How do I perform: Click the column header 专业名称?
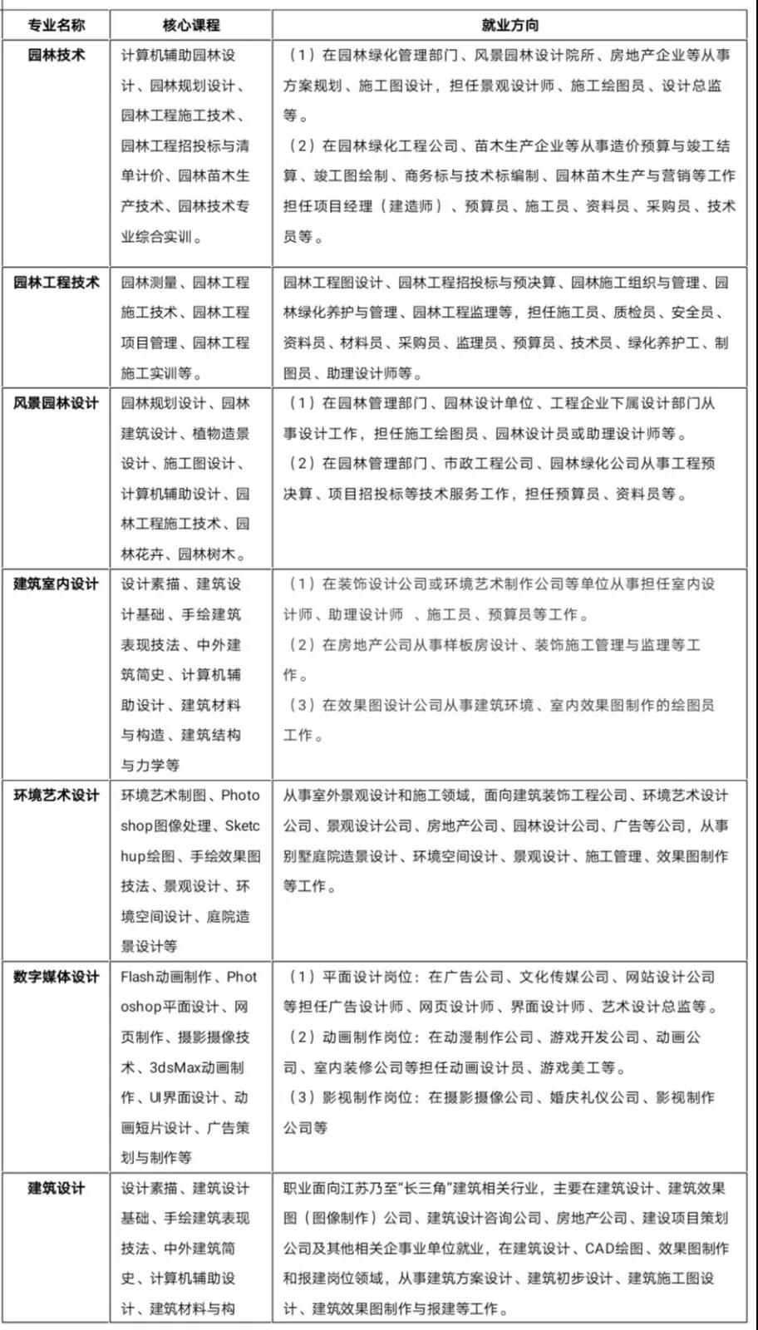pyautogui.click(x=56, y=25)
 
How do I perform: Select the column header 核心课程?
pyautogui.click(x=191, y=25)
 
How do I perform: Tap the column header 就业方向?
pyautogui.click(x=509, y=25)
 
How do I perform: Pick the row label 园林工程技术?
pyautogui.click(x=56, y=283)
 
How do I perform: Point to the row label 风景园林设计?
pyautogui.click(x=56, y=403)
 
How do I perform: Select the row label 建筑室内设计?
pyautogui.click(x=56, y=584)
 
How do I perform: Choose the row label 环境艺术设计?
pyautogui.click(x=56, y=796)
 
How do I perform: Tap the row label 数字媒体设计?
pyautogui.click(x=56, y=977)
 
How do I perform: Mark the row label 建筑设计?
pyautogui.click(x=56, y=1188)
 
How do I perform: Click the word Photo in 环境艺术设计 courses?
pyautogui.click(x=240, y=796)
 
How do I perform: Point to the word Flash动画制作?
pyautogui.click(x=166, y=977)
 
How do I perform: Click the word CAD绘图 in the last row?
pyautogui.click(x=613, y=1249)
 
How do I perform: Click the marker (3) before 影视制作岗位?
pyautogui.click(x=300, y=1097)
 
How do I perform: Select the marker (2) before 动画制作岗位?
pyautogui.click(x=300, y=1037)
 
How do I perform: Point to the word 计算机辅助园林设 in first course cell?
pyautogui.click(x=178, y=56)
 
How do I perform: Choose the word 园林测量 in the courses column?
pyautogui.click(x=150, y=283)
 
